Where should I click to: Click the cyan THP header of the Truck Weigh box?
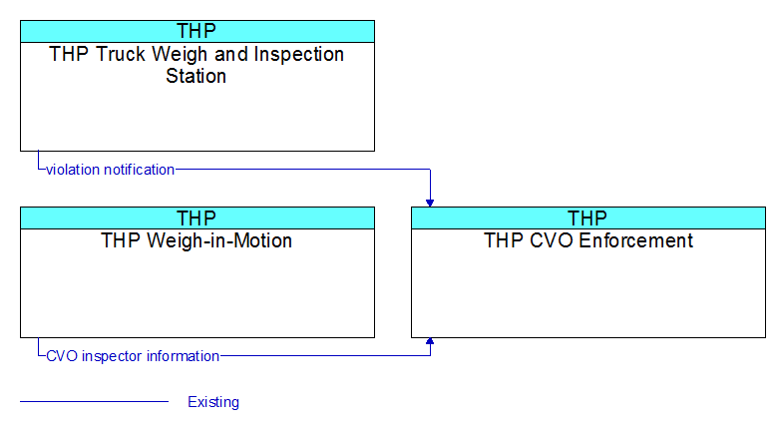point(196,31)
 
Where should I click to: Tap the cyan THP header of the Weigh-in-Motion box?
point(196,217)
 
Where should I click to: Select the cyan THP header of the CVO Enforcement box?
point(587,217)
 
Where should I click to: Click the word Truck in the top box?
point(121,54)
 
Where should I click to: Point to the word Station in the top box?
point(195,76)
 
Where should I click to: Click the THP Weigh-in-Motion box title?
point(196,240)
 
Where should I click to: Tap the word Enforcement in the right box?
point(635,240)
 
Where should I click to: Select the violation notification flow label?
point(111,170)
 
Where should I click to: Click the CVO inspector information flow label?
point(133,356)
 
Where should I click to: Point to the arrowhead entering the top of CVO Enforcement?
point(430,204)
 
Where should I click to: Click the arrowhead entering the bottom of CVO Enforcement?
point(430,341)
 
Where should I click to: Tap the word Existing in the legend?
point(213,402)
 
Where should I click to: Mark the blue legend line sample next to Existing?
point(94,401)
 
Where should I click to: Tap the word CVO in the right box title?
point(552,240)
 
